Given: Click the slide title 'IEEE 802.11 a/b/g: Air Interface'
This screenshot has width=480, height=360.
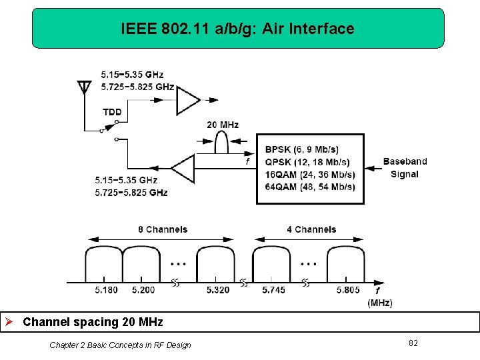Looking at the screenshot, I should [237, 29].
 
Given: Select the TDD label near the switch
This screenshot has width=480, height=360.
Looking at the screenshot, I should [112, 112].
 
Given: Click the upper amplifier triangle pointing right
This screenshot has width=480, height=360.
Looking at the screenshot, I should [189, 101].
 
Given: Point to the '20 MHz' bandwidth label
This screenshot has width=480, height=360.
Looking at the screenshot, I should [223, 125].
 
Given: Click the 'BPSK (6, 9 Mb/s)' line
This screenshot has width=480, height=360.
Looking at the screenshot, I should [302, 149].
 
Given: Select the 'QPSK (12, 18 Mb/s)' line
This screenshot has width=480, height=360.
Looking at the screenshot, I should [307, 162].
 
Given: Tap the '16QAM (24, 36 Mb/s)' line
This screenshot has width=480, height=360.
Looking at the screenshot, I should [310, 175].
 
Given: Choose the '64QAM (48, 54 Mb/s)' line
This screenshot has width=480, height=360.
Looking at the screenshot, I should [310, 187].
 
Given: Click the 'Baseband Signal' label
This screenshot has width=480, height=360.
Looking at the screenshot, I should [405, 167].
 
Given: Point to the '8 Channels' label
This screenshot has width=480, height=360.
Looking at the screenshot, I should [163, 229].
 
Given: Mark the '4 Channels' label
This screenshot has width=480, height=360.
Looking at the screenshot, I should [311, 229].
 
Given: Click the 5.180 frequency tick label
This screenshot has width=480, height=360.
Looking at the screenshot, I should [106, 290].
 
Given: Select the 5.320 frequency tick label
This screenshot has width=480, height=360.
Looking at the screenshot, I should [217, 290].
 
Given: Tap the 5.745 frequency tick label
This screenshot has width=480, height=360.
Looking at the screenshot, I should [273, 290].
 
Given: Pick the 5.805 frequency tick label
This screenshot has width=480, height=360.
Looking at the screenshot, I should [348, 290].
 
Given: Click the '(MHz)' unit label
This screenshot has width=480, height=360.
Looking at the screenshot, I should [380, 303].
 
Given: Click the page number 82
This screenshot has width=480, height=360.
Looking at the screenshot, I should [413, 343].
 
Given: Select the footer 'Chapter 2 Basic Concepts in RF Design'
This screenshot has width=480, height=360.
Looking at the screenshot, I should [120, 345].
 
